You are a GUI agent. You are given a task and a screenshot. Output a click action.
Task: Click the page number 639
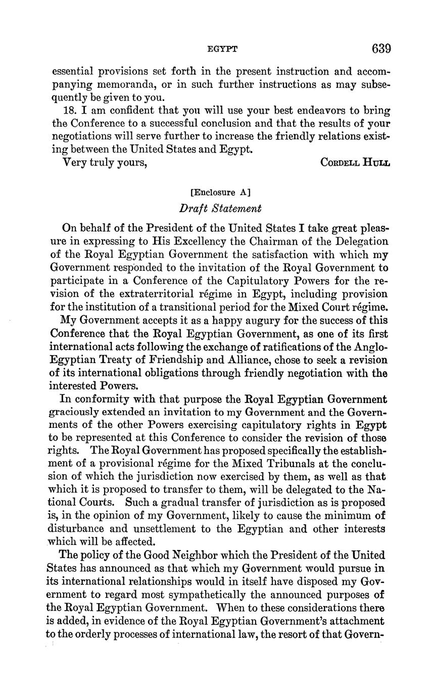pos(381,48)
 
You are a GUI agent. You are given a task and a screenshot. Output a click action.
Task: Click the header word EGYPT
pos(222,49)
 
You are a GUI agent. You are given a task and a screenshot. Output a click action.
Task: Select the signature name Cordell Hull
pos(355,163)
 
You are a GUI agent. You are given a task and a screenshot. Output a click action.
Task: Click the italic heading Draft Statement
pos(220,208)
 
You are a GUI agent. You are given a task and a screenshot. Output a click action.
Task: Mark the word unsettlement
pos(161,529)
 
